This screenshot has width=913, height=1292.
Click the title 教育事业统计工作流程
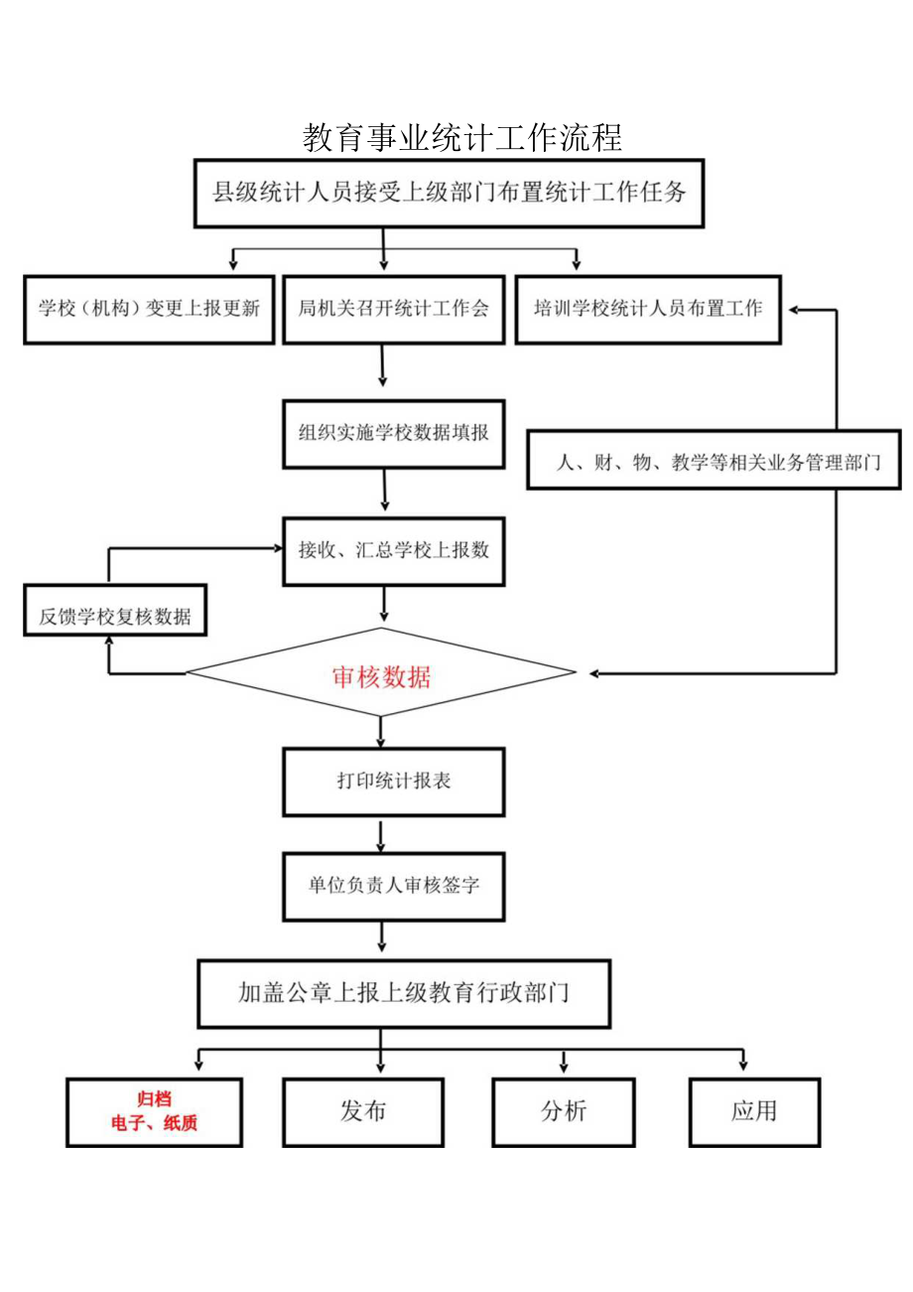point(461,138)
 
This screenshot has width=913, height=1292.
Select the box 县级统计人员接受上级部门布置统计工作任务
point(449,193)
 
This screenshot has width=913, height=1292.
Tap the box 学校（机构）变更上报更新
point(149,309)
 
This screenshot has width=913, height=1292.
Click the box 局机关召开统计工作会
point(393,309)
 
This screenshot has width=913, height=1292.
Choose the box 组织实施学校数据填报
point(393,433)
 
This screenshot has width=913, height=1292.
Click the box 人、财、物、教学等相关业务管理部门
point(713,460)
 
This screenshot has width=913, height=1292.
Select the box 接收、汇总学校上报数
point(393,551)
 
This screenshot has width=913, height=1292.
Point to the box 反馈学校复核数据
point(114,615)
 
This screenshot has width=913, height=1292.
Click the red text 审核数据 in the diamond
point(381,677)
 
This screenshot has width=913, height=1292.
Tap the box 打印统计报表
point(393,782)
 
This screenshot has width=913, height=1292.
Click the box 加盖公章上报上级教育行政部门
point(404,992)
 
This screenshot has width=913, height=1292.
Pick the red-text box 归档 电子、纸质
point(154,1112)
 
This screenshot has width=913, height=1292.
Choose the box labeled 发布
point(362,1111)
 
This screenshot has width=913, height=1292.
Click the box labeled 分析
point(564,1111)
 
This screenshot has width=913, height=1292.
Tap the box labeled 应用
point(754,1111)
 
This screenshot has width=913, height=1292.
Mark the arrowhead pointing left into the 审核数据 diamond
point(593,674)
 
